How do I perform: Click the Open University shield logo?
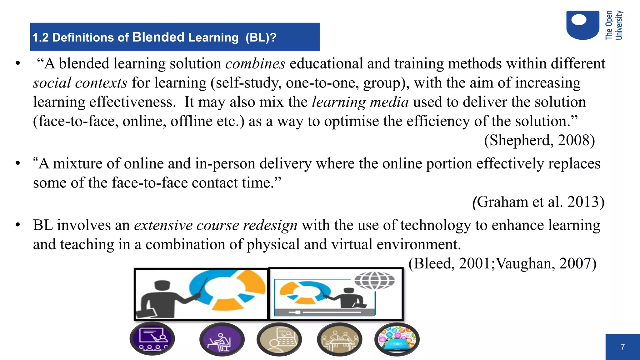coord(582,25)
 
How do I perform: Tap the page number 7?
coord(622,347)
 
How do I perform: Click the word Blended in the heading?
coord(158,37)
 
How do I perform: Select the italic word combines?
coord(255,64)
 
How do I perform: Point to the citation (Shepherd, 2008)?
coord(539,140)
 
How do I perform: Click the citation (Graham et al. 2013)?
coord(538,202)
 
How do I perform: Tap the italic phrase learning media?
coord(360,102)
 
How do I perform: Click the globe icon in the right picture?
coord(374,280)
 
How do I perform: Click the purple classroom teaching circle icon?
coord(152,338)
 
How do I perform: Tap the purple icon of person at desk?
coord(222,339)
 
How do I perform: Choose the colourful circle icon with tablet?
coord(397,339)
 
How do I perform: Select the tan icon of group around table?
coord(339,339)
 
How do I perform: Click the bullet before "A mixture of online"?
coord(18,163)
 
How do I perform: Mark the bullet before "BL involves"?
coord(18,225)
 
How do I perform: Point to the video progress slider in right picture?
coord(325,312)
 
